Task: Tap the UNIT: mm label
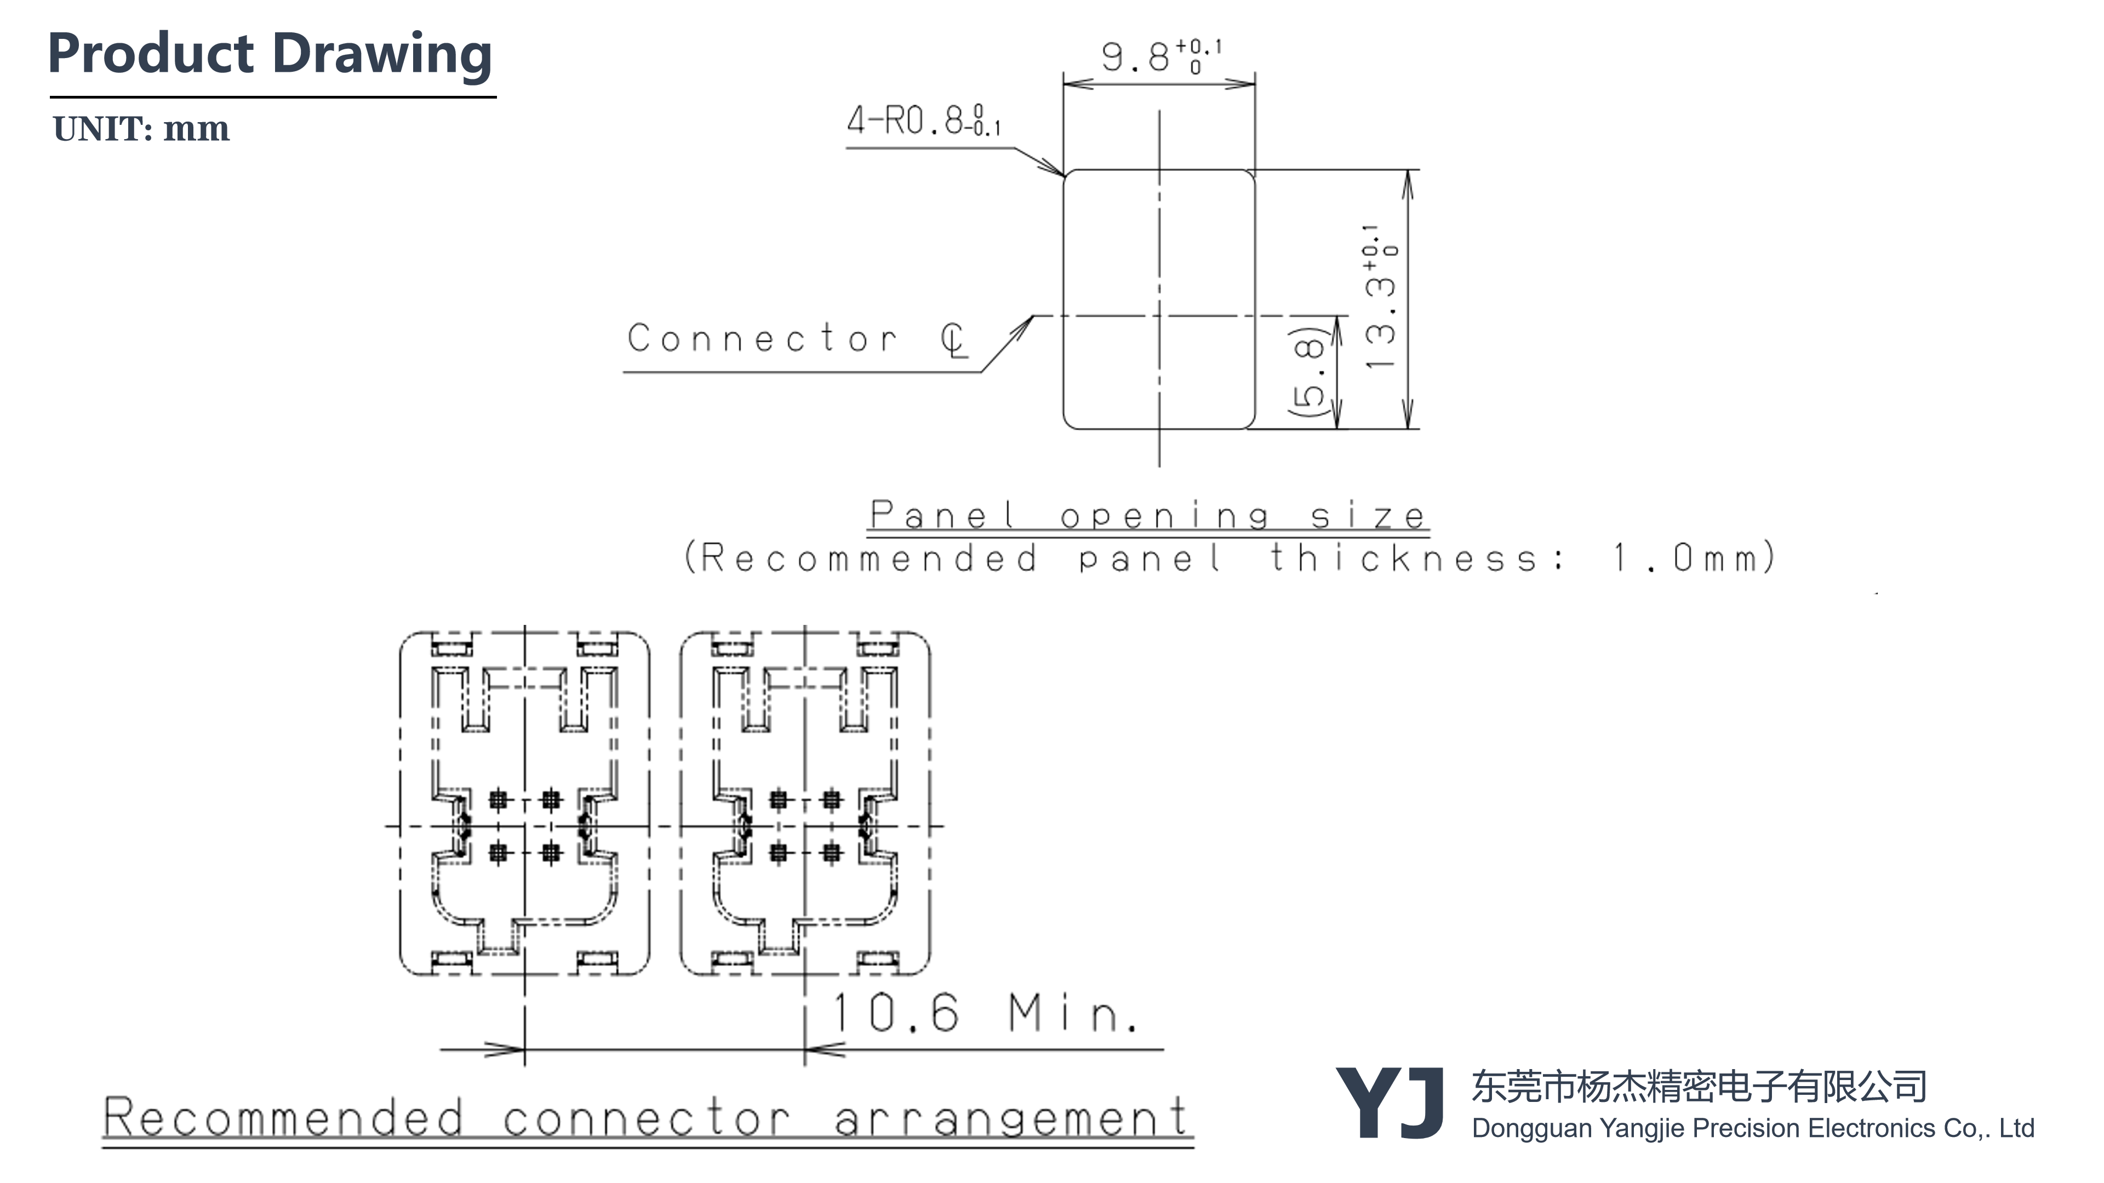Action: tap(140, 129)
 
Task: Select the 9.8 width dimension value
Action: tap(1135, 57)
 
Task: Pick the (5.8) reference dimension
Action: tap(1306, 371)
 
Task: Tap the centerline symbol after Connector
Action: tap(954, 340)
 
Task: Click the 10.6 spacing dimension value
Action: tap(895, 1013)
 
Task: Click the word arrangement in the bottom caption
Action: tap(1011, 1118)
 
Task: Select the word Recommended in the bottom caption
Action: tap(283, 1118)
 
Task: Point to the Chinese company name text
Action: tap(1699, 1087)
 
